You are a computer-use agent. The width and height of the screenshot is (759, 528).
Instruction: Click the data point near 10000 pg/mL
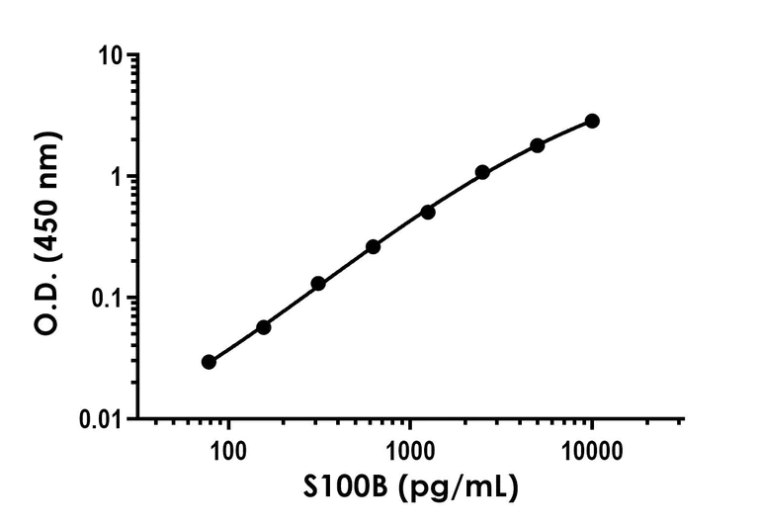point(592,121)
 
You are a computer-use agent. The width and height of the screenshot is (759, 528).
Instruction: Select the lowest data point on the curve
point(209,362)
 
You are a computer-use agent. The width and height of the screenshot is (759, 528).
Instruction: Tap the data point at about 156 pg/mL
point(263,326)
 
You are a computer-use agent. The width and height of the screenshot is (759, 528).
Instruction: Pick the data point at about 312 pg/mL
point(318,284)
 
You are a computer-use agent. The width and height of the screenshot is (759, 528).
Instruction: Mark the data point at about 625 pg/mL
point(373,246)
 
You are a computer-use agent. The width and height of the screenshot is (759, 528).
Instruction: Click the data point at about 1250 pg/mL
point(428,212)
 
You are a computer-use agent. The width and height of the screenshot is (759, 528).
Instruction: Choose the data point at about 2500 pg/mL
point(482,172)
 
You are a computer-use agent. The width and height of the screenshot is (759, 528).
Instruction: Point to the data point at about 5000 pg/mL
point(538,145)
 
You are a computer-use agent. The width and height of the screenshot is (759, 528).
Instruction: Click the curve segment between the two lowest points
point(235,345)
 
